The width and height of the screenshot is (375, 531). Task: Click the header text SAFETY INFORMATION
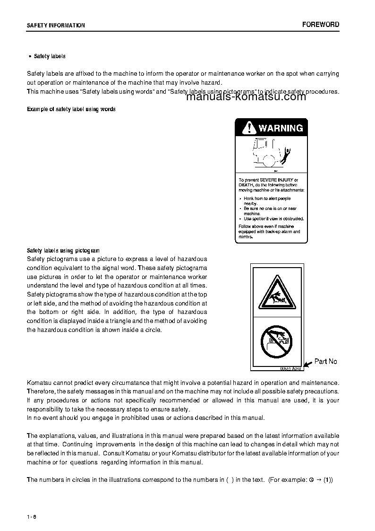pos(56,26)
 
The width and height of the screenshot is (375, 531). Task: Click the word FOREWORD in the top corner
pos(321,25)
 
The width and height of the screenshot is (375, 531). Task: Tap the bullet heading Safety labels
pos(50,56)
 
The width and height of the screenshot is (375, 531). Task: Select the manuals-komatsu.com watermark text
pos(247,97)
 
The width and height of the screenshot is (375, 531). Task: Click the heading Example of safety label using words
pos(71,109)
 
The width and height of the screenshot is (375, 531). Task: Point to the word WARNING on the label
pos(281,128)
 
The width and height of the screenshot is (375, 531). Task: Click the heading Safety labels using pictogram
pos(63,250)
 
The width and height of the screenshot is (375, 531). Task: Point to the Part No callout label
pos(326,361)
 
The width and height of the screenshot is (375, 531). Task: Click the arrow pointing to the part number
pos(307,364)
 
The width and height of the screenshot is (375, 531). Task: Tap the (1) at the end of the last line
pos(328,479)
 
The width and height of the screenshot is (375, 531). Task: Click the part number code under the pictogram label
pos(290,369)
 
